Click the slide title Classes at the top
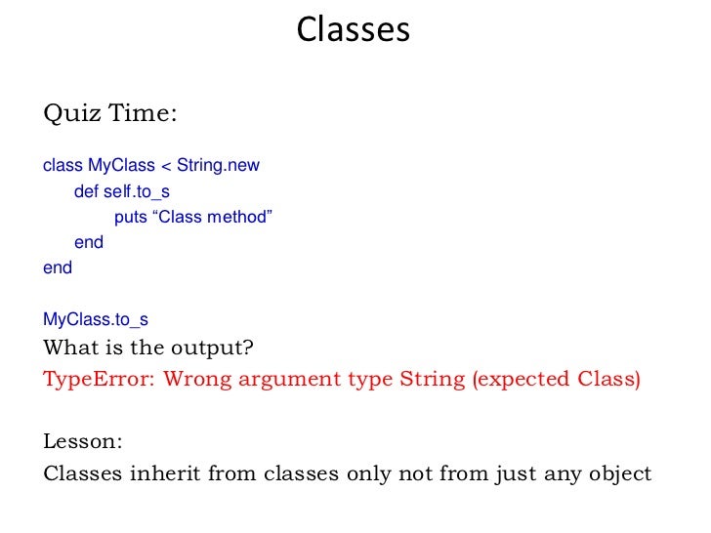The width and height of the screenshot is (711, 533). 354,29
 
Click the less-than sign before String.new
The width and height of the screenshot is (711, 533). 165,165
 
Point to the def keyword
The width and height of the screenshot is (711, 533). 86,191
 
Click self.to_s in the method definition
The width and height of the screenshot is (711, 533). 137,191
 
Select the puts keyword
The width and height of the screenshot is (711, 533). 131,217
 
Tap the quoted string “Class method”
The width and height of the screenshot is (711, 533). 211,217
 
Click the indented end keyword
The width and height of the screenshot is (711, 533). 89,242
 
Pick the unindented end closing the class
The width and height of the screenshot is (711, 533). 58,267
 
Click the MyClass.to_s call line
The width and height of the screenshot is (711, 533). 96,319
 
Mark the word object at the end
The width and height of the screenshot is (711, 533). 616,474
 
